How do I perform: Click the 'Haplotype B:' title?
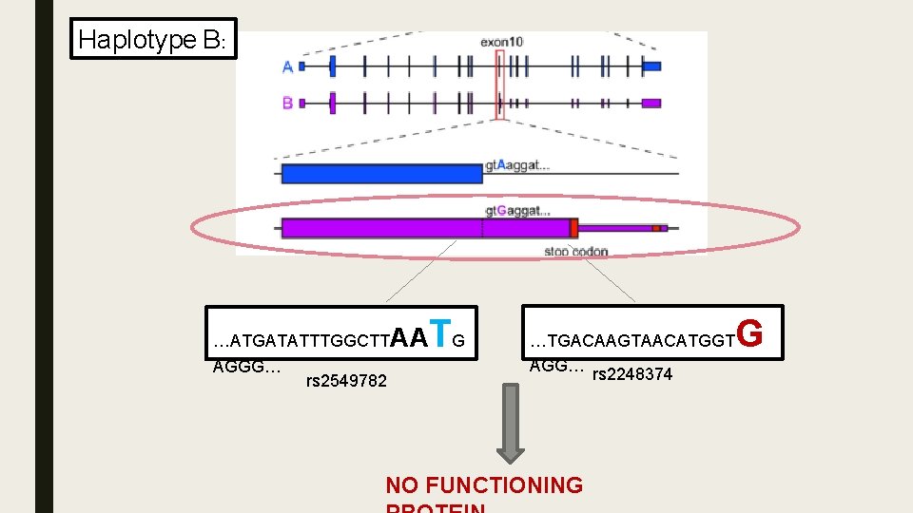click(x=152, y=39)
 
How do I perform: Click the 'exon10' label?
click(x=501, y=42)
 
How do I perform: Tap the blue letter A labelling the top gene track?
click(x=287, y=66)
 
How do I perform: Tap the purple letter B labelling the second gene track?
click(x=287, y=103)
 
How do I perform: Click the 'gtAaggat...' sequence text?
click(x=517, y=165)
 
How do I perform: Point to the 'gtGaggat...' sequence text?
click(x=517, y=210)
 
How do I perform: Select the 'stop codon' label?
click(x=575, y=251)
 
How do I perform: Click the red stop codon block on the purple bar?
click(x=573, y=227)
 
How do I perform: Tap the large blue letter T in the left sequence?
click(x=438, y=333)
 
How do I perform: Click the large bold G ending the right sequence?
click(x=749, y=333)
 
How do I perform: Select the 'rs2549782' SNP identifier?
click(x=346, y=381)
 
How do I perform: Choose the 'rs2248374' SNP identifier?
click(x=631, y=374)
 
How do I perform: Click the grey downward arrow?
click(x=512, y=423)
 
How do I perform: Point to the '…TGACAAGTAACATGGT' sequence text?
click(x=631, y=340)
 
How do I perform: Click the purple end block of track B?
click(x=651, y=103)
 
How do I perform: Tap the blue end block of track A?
click(x=651, y=66)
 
